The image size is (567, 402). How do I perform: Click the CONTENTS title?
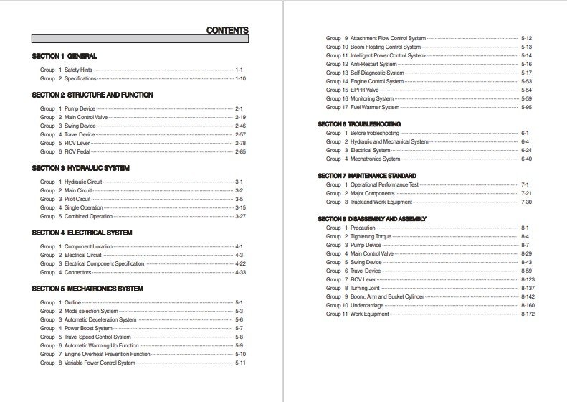point(227,30)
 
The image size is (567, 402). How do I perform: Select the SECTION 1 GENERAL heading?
point(65,56)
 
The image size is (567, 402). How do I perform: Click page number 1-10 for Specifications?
point(241,78)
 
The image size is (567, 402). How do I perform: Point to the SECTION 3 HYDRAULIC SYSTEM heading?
point(80,168)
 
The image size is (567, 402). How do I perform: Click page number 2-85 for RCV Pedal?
point(241,151)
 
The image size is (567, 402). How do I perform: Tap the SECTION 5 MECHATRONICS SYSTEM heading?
point(87,289)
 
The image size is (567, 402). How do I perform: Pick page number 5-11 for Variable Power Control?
point(241,363)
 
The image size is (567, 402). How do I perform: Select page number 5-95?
point(527,107)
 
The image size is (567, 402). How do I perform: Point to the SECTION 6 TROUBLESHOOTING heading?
point(359,124)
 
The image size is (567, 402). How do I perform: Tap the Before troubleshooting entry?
point(375,133)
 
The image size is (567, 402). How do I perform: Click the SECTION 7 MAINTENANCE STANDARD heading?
point(367,176)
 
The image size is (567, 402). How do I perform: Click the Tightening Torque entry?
point(370,236)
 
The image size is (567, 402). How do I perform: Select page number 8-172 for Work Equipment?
point(528,314)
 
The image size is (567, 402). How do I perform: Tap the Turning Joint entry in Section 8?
point(366,288)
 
